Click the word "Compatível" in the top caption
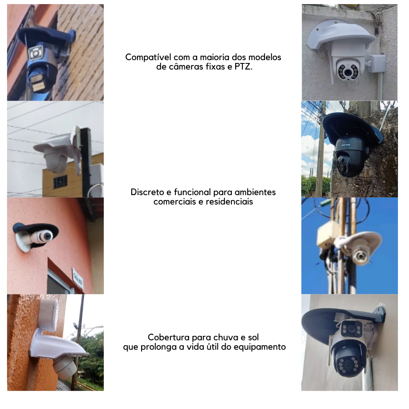(x=148, y=57)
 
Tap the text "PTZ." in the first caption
(x=243, y=67)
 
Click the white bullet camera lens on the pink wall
(x=47, y=236)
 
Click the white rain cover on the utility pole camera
(x=360, y=240)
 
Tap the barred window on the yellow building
(x=60, y=182)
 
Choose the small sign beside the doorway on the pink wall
(x=77, y=278)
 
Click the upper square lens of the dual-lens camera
(x=351, y=329)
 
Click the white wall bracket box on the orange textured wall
(x=48, y=315)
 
